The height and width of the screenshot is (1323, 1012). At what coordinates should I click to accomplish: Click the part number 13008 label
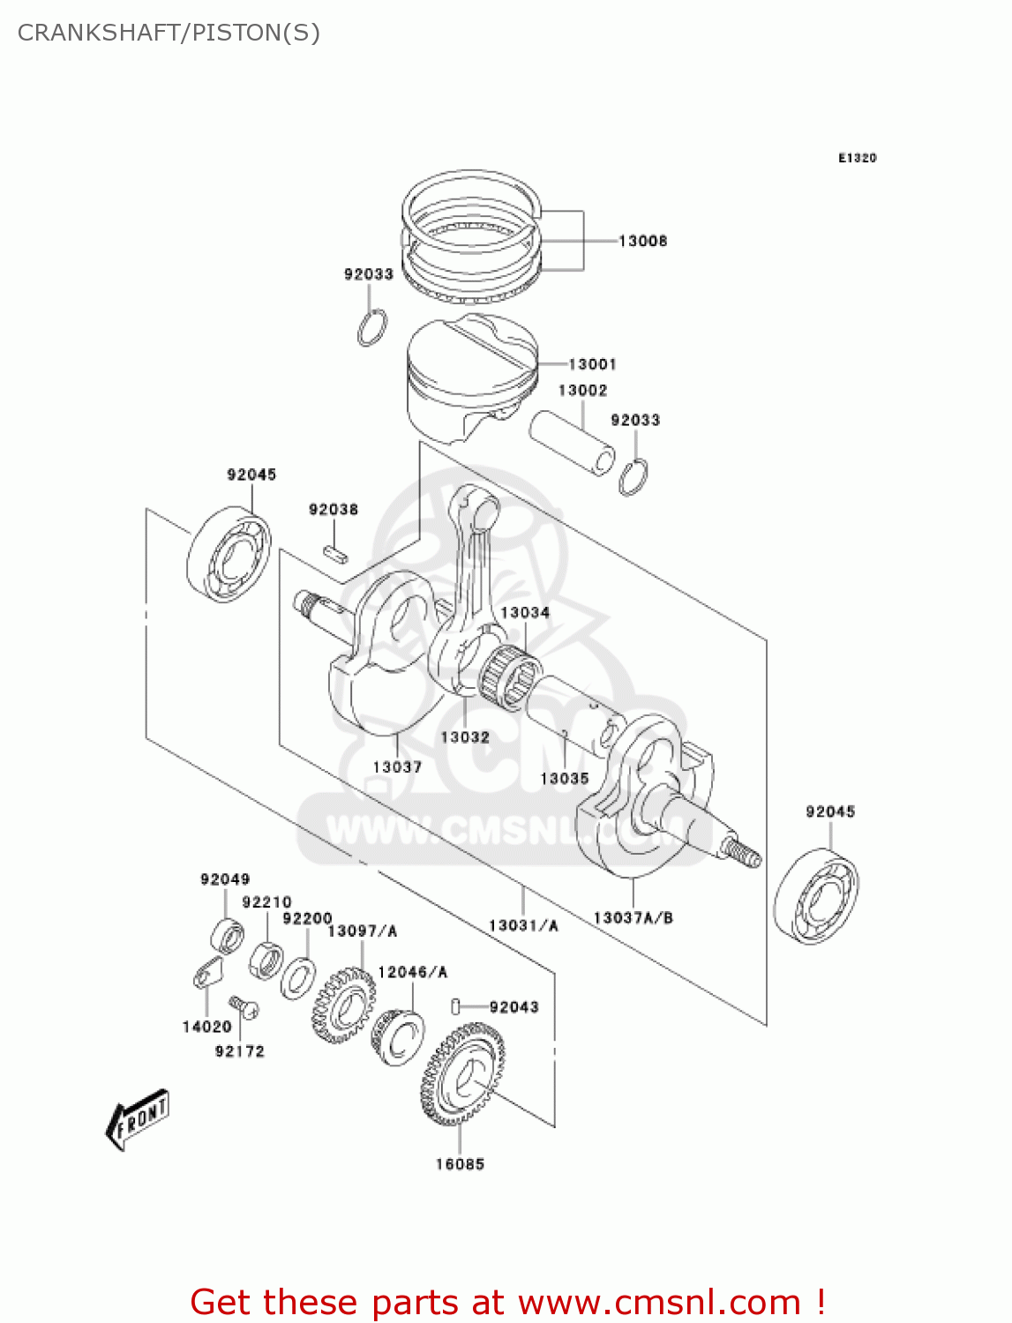point(642,241)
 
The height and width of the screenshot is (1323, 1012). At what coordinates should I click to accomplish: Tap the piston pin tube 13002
point(572,442)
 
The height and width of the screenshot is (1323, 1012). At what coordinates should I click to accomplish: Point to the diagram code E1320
point(857,158)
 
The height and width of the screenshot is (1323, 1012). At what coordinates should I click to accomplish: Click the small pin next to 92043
point(456,1005)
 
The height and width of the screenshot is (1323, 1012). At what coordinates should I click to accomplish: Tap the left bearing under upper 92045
point(229,555)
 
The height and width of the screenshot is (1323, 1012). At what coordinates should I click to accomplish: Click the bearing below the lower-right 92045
point(816,896)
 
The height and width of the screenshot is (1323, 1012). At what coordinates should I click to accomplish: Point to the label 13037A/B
point(633,918)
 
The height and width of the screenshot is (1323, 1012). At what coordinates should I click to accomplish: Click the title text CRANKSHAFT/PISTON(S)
point(169,33)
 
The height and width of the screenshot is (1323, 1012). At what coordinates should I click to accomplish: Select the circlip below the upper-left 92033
point(372,327)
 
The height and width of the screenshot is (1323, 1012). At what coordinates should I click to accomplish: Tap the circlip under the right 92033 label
point(633,477)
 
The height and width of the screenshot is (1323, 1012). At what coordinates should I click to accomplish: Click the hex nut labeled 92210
point(266,959)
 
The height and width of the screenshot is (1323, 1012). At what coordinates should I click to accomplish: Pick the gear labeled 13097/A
point(342,1005)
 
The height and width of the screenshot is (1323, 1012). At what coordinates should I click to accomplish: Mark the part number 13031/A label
point(523,925)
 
